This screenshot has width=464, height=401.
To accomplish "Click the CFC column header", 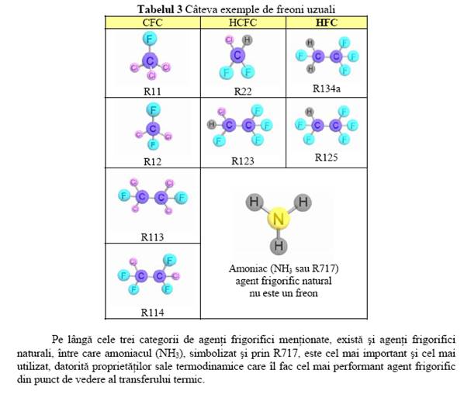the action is pyautogui.click(x=152, y=22).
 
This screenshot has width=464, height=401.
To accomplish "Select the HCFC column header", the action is pyautogui.click(x=243, y=22).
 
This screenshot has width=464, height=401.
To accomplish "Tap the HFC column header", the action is pyautogui.click(x=327, y=22).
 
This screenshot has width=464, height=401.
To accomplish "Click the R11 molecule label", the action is pyautogui.click(x=152, y=92).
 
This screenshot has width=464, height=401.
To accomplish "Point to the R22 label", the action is pyautogui.click(x=243, y=92).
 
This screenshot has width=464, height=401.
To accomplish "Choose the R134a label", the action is pyautogui.click(x=327, y=88).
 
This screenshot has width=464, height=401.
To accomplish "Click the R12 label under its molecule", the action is pyautogui.click(x=152, y=162).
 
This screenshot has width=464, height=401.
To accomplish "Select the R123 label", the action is pyautogui.click(x=243, y=161).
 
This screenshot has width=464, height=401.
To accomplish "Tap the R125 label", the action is pyautogui.click(x=326, y=157).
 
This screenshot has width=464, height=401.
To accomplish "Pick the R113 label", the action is pyautogui.click(x=152, y=237).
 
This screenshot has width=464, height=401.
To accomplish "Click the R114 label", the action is pyautogui.click(x=152, y=313).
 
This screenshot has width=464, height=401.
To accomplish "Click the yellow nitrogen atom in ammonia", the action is pyautogui.click(x=278, y=219).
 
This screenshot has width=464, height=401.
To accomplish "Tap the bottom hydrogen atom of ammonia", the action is pyautogui.click(x=279, y=245).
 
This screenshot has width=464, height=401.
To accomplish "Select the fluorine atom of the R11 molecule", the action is pyautogui.click(x=150, y=39).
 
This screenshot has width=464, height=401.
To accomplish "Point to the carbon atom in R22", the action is pyautogui.click(x=237, y=55).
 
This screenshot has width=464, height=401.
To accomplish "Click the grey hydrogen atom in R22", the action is pyautogui.click(x=247, y=40).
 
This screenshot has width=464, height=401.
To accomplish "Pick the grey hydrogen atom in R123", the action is pyautogui.click(x=212, y=125).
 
